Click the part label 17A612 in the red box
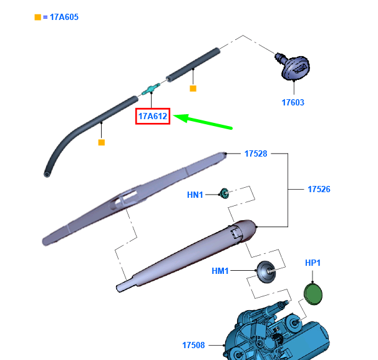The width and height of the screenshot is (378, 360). point(153,116)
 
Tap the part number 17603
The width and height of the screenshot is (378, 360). point(292,102)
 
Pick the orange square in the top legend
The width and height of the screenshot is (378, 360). point(37,17)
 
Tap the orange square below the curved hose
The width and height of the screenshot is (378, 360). point(101,142)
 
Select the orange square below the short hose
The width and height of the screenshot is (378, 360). point(193,89)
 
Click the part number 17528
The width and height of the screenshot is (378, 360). point(256,153)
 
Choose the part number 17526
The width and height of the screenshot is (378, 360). point(319,188)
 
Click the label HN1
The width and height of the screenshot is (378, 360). point(195,195)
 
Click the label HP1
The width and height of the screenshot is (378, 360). point(313,263)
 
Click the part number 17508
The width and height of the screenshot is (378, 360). point(193,344)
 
